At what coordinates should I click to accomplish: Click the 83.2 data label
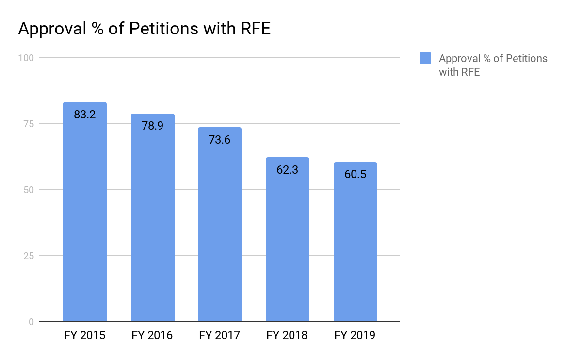[85, 115]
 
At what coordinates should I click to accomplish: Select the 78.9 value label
[152, 126]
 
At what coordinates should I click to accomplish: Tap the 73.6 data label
[220, 140]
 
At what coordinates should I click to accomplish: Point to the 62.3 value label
[288, 170]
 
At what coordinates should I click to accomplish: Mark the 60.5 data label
[355, 175]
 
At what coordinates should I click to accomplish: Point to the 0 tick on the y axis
[31, 322]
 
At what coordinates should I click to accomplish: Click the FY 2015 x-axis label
[85, 335]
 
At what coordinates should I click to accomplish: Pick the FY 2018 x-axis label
[288, 335]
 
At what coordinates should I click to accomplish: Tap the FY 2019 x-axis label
[355, 335]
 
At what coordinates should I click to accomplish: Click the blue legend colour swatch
[425, 59]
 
